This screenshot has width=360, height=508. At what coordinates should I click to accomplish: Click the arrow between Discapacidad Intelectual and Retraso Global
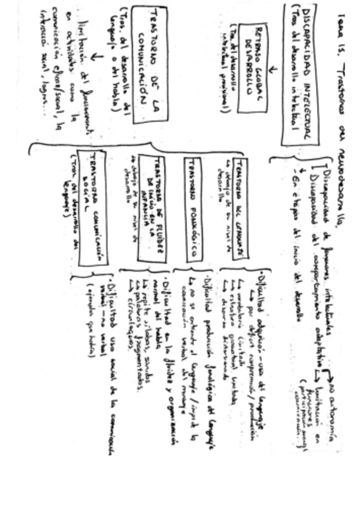pos(273,71)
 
